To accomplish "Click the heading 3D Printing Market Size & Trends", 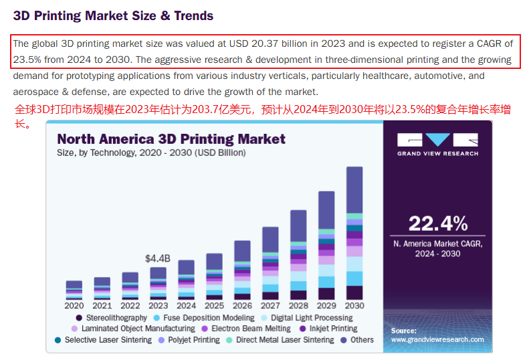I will (113, 15).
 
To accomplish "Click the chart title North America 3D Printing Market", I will (171, 139).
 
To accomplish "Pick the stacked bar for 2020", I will (74, 290).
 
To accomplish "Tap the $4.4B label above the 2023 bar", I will (158, 258).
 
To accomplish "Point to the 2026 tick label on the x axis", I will (242, 306).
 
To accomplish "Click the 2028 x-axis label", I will (298, 306).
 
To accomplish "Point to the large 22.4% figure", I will (438, 223).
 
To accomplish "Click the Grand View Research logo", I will (438, 144).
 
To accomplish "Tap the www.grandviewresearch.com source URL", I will (437, 340).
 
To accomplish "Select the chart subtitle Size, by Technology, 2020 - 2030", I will (151, 153).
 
